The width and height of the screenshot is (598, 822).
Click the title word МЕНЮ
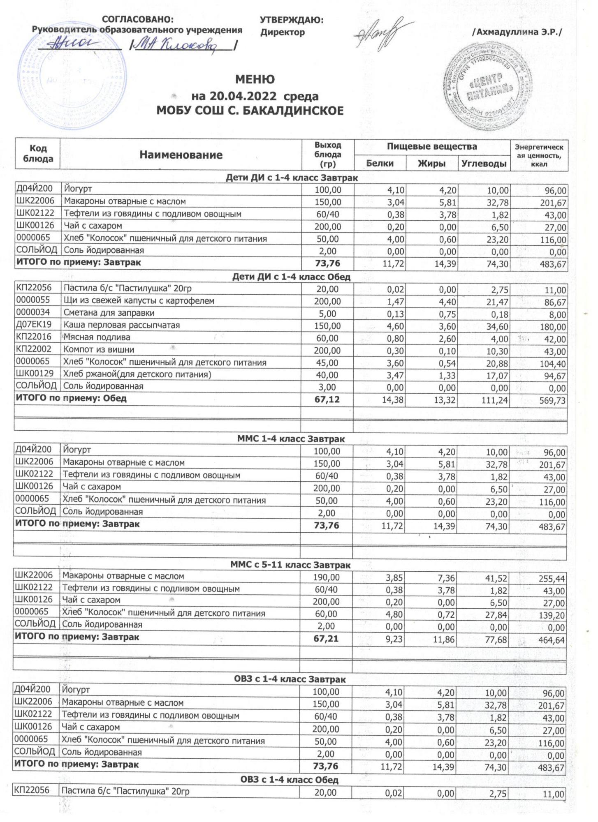[255, 79]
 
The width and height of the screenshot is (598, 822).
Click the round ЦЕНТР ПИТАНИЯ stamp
[485, 92]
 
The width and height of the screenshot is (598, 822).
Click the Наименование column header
[181, 155]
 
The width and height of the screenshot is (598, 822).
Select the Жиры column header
[432, 164]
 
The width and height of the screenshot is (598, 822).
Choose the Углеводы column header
[484, 164]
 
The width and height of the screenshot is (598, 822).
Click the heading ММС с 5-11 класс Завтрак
[290, 565]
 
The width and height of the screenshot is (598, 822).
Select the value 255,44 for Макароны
[552, 579]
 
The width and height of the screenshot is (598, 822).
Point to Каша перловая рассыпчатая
[122, 325]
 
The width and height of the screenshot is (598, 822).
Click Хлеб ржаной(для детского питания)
[137, 374]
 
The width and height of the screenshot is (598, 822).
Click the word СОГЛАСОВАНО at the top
[138, 20]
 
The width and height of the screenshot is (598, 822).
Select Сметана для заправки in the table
[109, 313]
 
